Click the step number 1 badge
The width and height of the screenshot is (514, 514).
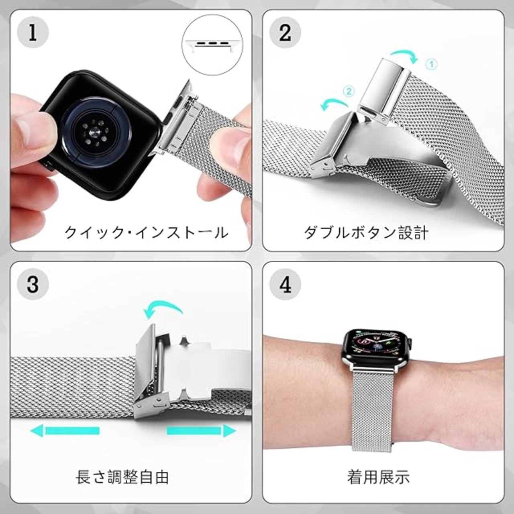33,32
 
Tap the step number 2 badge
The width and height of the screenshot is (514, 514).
285,32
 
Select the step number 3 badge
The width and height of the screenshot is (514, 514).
33,285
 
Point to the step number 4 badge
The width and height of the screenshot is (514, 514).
285,285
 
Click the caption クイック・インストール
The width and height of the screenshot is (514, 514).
146,233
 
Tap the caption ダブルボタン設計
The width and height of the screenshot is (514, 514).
366,233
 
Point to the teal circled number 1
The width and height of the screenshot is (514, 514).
432,64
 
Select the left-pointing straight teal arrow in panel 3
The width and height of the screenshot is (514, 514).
65,430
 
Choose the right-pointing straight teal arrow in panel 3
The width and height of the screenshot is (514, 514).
202,430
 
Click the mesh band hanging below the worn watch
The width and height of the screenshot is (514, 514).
373,411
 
